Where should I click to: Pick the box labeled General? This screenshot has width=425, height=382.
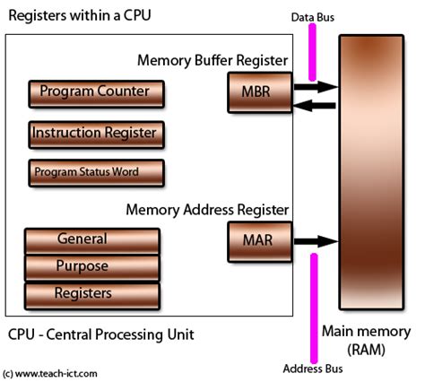click(92, 240)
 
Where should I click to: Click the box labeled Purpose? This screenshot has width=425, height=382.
click(92, 266)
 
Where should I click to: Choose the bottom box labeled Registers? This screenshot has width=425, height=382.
click(92, 293)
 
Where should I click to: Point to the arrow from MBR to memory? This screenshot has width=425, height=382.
click(314, 87)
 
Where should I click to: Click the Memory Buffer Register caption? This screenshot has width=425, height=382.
click(213, 61)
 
